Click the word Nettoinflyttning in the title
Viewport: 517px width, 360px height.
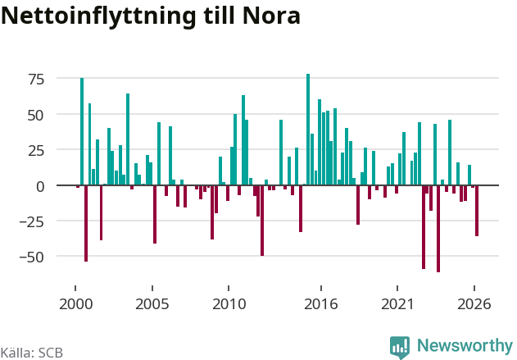click(x=98, y=16)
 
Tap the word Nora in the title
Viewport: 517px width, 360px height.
click(x=271, y=16)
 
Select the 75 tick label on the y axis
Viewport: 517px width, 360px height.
click(x=36, y=80)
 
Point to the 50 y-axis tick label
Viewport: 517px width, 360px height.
click(x=35, y=115)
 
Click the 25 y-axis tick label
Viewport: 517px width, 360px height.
click(x=35, y=151)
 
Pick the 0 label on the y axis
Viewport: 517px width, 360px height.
click(x=40, y=186)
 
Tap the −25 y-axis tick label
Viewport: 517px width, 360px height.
click(x=32, y=222)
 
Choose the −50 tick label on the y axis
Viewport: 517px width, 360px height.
click(x=32, y=257)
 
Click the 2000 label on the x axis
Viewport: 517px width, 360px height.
click(x=76, y=304)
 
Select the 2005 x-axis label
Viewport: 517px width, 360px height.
click(x=152, y=304)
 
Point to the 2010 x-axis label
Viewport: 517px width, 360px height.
click(x=229, y=304)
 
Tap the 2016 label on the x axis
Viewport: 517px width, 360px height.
click(x=321, y=304)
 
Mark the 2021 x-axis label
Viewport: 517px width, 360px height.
click(x=397, y=304)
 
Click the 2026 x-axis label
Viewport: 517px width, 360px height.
click(x=474, y=304)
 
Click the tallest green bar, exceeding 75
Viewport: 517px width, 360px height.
click(x=308, y=130)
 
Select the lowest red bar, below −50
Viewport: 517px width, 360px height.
click(x=438, y=229)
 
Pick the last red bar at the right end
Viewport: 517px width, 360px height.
click(x=477, y=211)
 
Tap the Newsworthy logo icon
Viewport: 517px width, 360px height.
click(x=400, y=348)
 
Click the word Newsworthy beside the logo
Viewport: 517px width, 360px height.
click(x=465, y=345)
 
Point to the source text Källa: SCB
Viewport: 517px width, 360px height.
click(x=32, y=353)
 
